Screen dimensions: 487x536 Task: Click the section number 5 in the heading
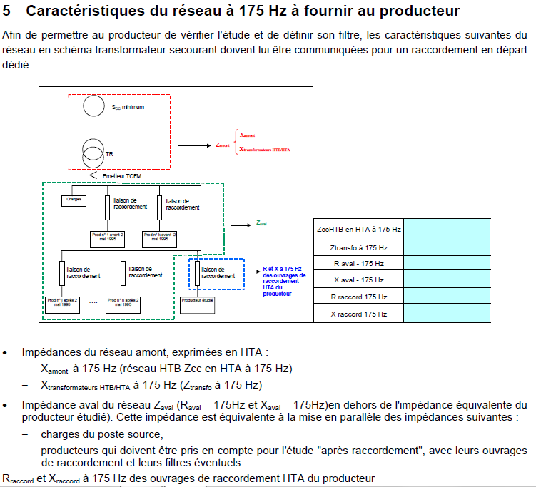click(9, 11)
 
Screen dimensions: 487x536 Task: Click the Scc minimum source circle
click(93, 106)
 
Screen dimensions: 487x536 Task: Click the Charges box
click(74, 200)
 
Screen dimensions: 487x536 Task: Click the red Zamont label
click(222, 145)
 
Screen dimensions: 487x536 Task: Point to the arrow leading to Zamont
click(193, 145)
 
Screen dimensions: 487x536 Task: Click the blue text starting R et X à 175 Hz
click(284, 278)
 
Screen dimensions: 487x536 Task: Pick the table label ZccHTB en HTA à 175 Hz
click(358, 230)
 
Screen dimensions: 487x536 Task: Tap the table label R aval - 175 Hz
click(359, 263)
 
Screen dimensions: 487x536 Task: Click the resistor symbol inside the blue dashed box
click(196, 273)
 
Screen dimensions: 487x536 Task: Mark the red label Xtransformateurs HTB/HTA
click(266, 150)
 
